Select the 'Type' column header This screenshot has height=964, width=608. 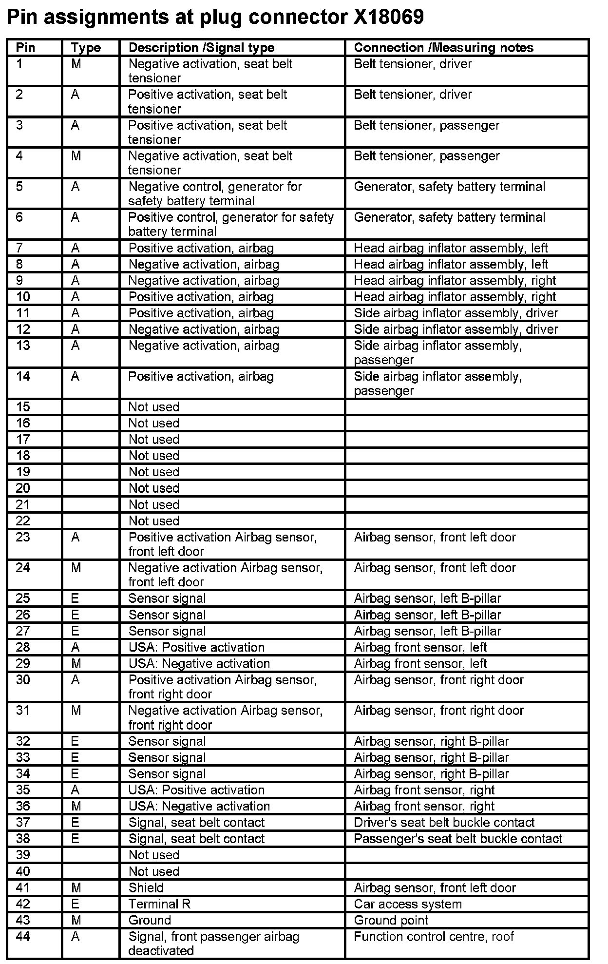click(86, 48)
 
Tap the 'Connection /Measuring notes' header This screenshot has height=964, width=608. click(443, 48)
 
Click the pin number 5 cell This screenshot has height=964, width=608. click(19, 187)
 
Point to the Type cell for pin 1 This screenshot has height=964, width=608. click(76, 64)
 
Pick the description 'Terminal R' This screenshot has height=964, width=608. click(159, 904)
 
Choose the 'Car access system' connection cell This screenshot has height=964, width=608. click(408, 904)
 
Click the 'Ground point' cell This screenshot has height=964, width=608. click(391, 920)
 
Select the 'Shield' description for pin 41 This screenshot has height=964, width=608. click(146, 888)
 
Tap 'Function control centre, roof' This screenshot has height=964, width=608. click(434, 936)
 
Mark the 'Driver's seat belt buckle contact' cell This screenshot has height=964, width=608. click(444, 823)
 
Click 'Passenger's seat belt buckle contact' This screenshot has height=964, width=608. click(458, 839)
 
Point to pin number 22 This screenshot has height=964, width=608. click(23, 521)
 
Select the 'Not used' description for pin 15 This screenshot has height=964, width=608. click(154, 407)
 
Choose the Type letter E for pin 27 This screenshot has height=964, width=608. click(75, 631)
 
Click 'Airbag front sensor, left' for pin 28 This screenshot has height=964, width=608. click(420, 647)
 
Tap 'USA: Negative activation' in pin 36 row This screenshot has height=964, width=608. click(199, 806)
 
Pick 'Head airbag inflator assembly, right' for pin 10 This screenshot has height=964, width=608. click(455, 297)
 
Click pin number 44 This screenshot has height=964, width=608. click(23, 936)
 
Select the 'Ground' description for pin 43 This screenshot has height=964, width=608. click(150, 920)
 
